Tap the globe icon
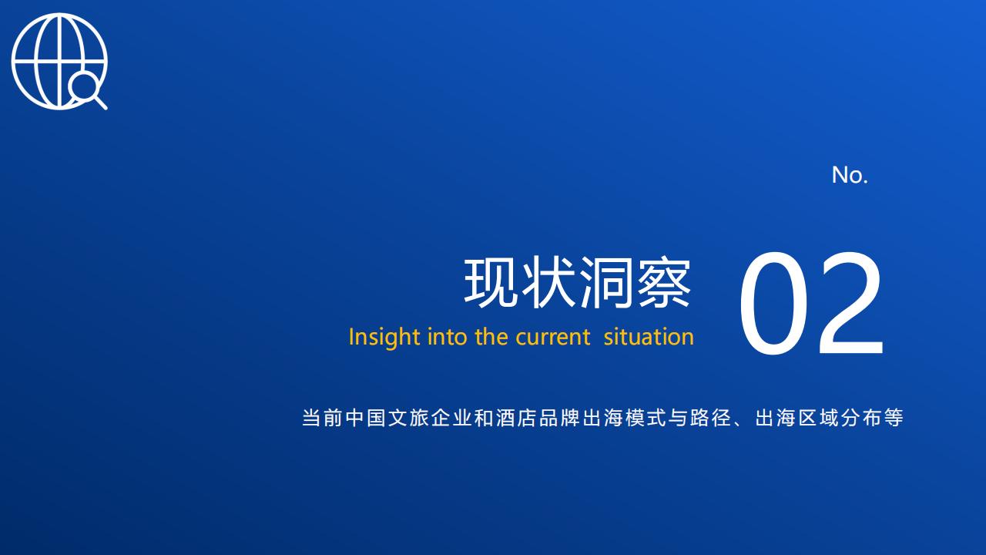tap(59, 61)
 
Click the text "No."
tap(850, 175)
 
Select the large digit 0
tap(774, 303)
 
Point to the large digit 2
tap(850, 303)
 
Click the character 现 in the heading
tap(491, 282)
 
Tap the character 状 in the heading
tap(548, 282)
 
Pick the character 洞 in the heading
tap(606, 282)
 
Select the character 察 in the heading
tap(664, 282)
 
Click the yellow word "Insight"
tap(384, 338)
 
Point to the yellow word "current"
tap(552, 338)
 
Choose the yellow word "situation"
tap(649, 337)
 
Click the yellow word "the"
tap(491, 337)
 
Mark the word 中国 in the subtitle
tap(366, 418)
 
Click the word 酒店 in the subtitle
tap(517, 418)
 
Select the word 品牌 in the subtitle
tap(560, 418)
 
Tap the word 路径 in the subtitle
tap(711, 418)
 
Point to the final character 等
tap(894, 418)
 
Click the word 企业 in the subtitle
tap(452, 418)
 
